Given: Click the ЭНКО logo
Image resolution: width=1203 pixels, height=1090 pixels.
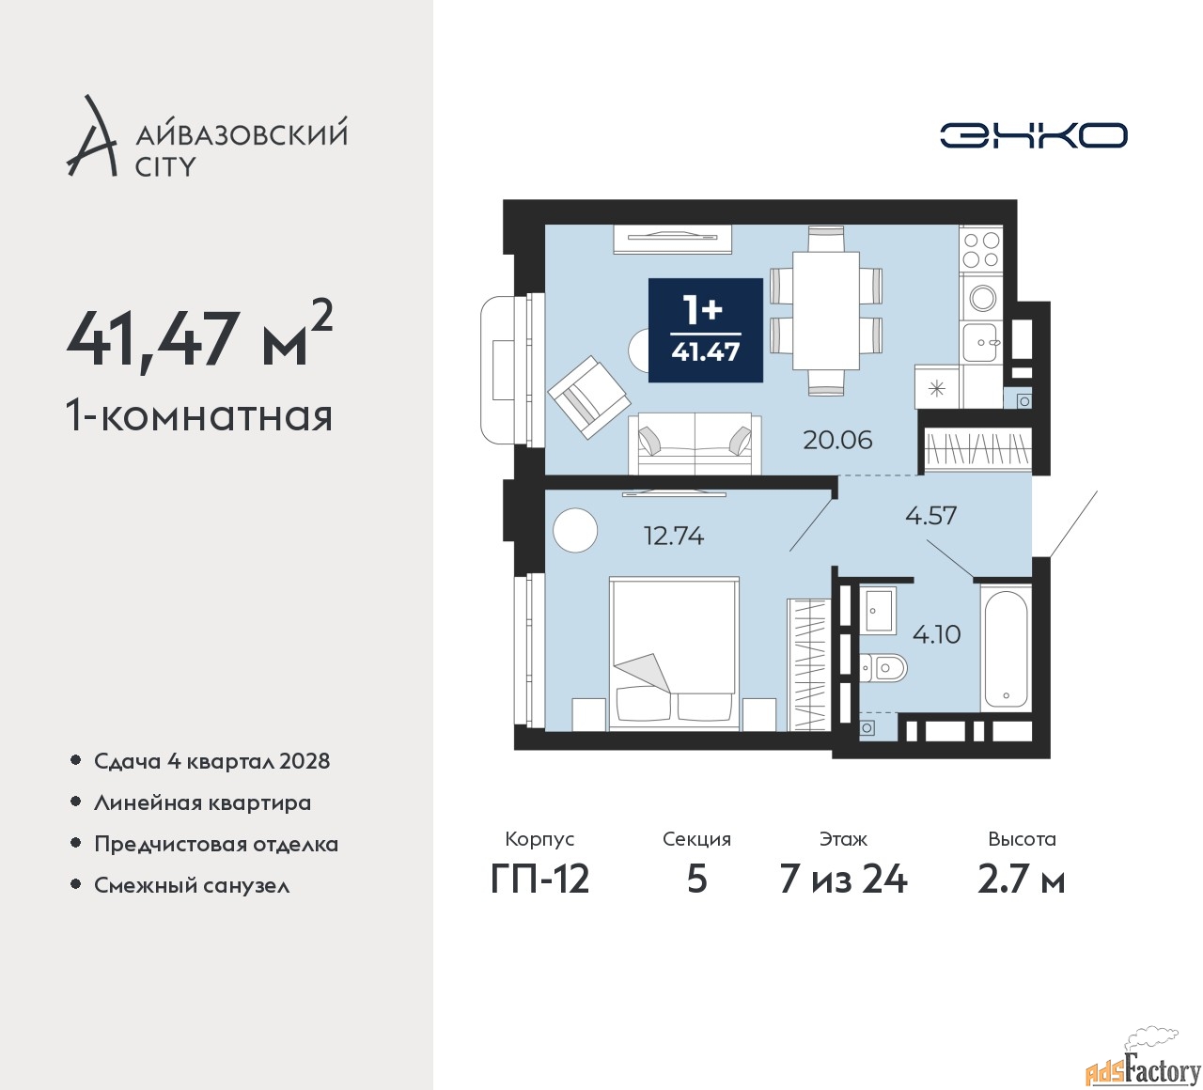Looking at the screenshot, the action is click(x=1033, y=135).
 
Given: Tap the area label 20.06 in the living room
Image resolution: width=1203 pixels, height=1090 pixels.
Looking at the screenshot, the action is click(x=837, y=441).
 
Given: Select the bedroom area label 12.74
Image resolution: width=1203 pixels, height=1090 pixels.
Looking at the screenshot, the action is click(x=674, y=536).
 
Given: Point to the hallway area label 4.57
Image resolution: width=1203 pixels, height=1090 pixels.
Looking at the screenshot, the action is click(x=930, y=516).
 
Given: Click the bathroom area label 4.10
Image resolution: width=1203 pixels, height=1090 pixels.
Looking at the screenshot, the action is click(x=936, y=633).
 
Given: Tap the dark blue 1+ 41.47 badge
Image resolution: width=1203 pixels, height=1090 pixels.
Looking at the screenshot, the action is click(x=705, y=331).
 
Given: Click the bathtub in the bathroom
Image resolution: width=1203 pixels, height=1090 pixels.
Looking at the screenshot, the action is click(x=1005, y=650).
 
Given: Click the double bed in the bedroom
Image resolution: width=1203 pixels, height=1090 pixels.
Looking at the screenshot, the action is click(x=674, y=654).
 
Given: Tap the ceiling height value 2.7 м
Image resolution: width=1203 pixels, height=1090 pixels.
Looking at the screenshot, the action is click(x=1022, y=880).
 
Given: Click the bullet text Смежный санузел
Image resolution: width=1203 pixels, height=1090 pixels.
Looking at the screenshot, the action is click(x=192, y=885).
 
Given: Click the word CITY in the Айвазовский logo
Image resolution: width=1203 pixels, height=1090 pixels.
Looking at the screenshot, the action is click(x=164, y=166).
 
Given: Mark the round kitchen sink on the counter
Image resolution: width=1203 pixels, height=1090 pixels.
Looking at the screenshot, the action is click(x=983, y=297).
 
